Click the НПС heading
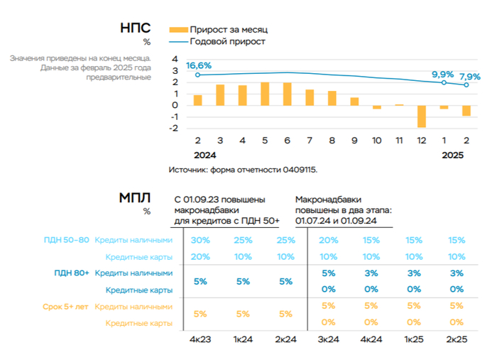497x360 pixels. pos(135,28)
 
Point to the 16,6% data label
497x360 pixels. pos(199,66)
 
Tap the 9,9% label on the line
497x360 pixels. pos(442,74)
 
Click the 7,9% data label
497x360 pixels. pos(469,77)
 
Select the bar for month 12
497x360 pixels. pos(421,116)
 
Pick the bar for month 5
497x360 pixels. pos(265,94)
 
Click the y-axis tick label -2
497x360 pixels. pos(174,129)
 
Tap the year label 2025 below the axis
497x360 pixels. pos(453,154)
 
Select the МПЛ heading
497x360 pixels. pos(134,199)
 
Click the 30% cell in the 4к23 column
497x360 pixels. pos(200,240)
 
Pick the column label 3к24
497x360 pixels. pos(328,339)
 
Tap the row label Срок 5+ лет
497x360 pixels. pos(67,306)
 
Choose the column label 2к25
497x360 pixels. pos(457,339)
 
